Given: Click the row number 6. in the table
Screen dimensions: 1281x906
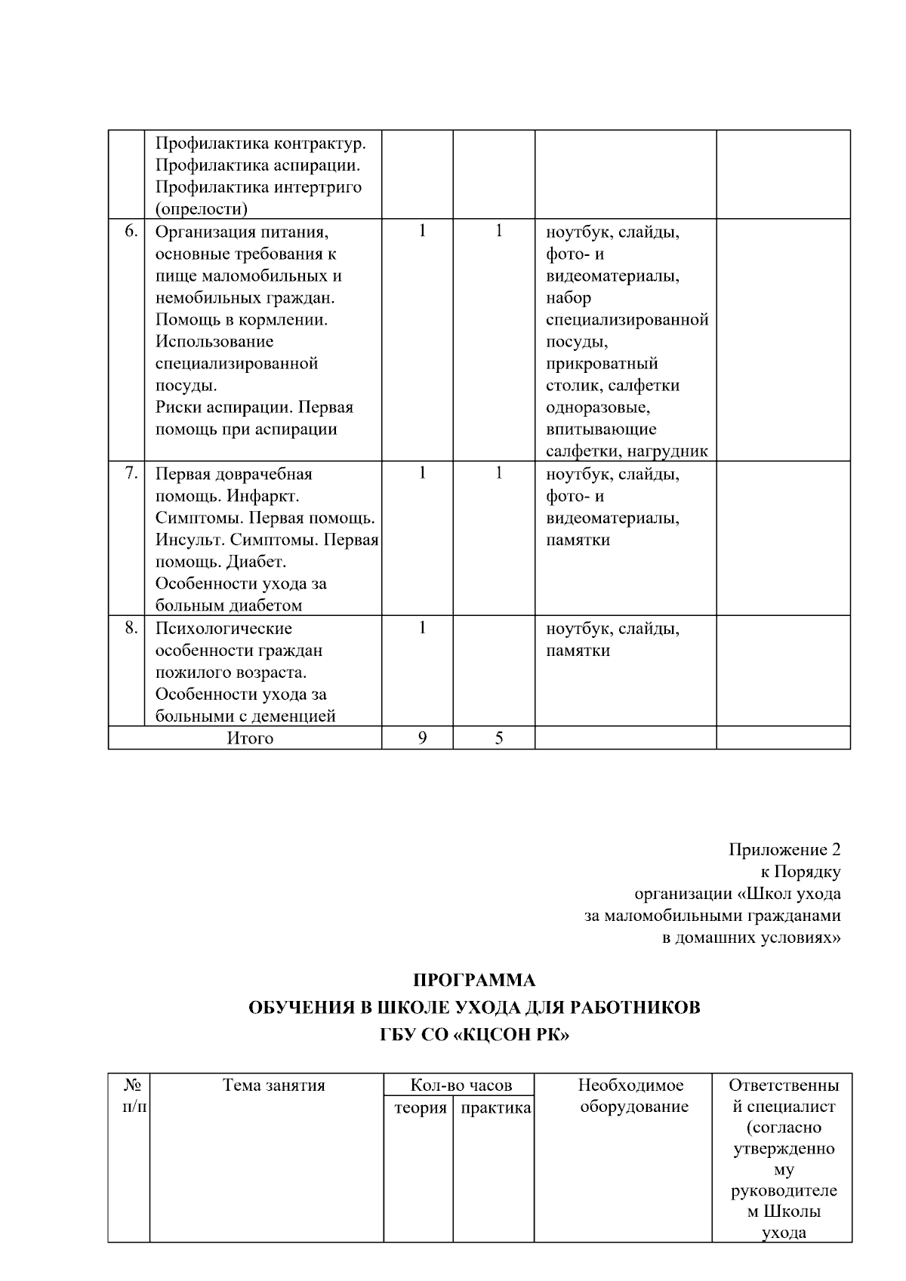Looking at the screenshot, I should point(131,232).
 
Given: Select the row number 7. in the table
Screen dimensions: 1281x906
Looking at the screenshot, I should point(131,473).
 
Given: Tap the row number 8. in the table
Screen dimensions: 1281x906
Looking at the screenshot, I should point(131,627).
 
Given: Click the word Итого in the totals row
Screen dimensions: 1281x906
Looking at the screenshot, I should point(250,738).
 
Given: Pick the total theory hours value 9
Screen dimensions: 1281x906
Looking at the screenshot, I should point(422,738).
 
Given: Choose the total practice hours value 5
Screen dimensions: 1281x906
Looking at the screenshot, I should point(499,738).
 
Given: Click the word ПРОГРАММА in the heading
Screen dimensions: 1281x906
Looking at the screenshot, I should point(474,981).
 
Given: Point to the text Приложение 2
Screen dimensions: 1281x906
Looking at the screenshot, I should point(784,850).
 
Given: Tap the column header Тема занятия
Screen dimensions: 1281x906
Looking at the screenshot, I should point(273,1085).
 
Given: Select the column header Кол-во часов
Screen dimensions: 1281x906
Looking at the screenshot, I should point(461,1085).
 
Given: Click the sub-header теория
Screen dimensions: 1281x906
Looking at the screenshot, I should point(421,1108).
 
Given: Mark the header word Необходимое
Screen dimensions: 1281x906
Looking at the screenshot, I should point(630,1085).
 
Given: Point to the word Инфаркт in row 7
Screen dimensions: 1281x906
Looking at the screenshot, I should point(263,497).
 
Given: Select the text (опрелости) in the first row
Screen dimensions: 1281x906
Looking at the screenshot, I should point(202,208).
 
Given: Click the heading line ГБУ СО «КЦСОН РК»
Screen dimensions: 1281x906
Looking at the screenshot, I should point(474,1035).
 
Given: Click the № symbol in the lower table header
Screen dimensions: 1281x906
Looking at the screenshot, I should point(133,1085).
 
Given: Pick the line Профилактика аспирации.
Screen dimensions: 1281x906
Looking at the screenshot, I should point(257,165).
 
